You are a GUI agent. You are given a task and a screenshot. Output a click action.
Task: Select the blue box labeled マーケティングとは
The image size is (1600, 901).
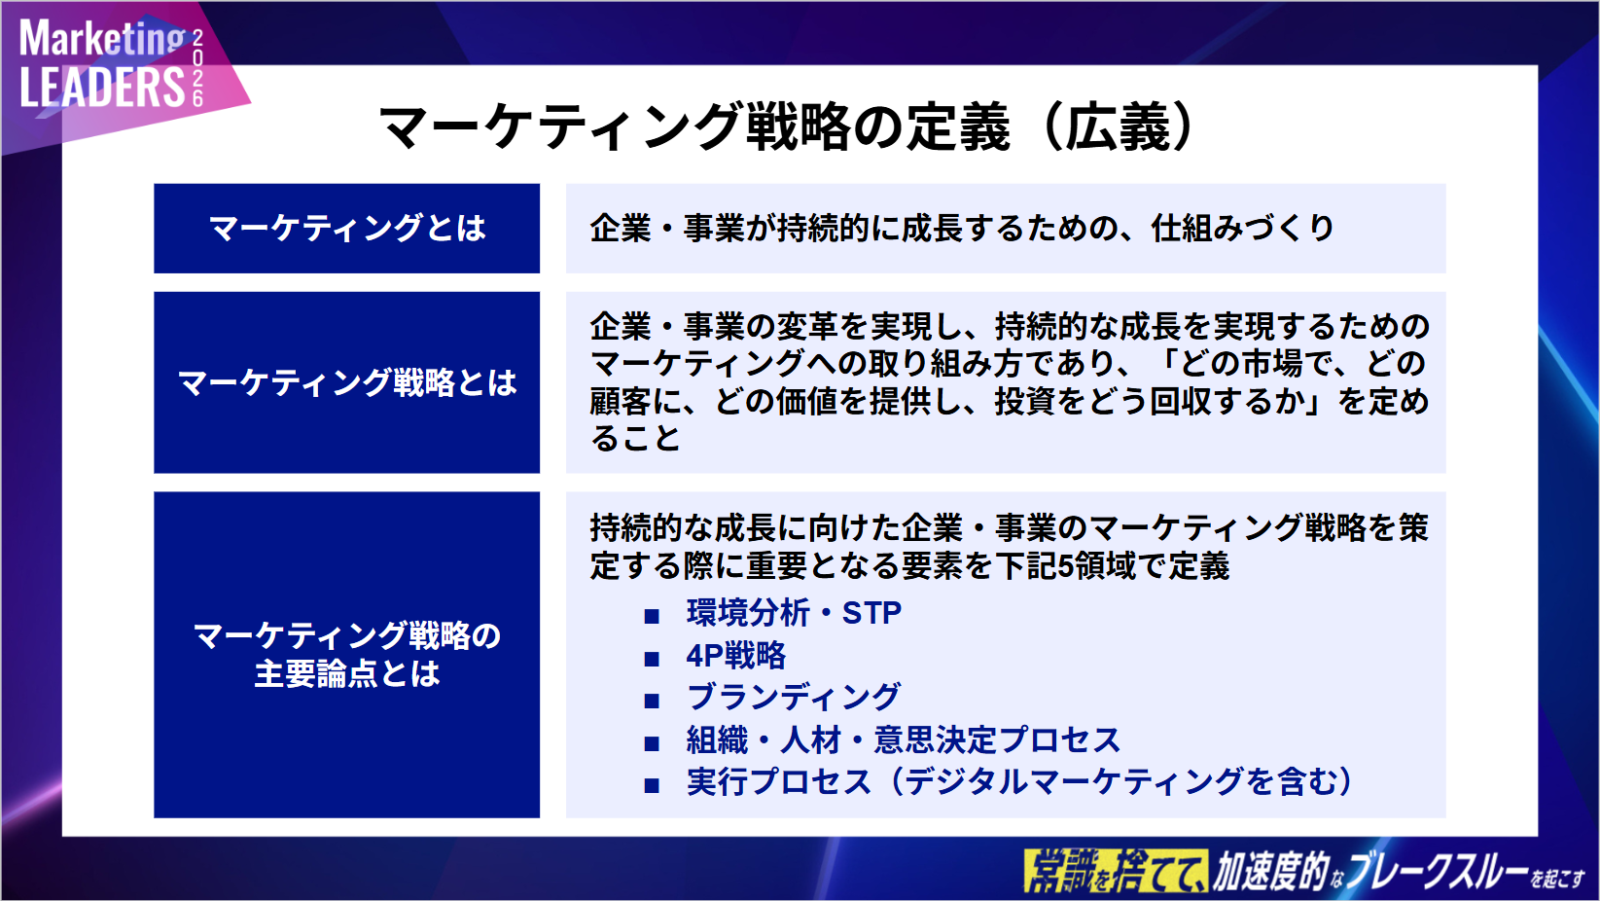point(346,228)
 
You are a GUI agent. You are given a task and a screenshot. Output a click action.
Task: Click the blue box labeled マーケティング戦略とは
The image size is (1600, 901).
point(346,382)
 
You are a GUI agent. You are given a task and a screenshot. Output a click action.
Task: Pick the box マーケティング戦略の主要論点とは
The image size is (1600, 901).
point(346,655)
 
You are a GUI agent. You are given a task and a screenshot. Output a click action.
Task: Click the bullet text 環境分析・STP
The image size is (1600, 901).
point(794,613)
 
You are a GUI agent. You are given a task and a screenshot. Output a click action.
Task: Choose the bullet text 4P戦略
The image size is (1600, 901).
point(735,655)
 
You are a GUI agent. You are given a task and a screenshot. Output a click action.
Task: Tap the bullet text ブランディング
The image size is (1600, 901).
point(793,698)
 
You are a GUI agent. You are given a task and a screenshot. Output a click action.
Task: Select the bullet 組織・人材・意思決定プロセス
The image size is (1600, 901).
point(903,739)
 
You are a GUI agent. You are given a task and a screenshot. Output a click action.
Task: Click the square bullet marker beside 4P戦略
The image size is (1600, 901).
point(652,659)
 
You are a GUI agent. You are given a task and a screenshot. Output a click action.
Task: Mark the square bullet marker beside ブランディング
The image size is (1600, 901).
point(652,701)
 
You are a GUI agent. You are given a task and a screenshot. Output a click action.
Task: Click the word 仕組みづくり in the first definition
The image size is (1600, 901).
point(1242,228)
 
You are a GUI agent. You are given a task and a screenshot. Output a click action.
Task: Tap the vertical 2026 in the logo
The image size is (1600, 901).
point(197,68)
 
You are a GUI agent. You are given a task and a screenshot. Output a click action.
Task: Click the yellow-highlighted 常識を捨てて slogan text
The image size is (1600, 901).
point(1116,871)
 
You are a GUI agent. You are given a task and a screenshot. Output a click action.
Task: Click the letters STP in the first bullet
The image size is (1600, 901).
point(871,613)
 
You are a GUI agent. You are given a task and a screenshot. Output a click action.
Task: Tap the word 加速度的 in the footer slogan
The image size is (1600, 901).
point(1270,871)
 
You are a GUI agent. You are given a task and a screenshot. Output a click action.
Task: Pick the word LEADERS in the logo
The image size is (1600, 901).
point(102,88)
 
